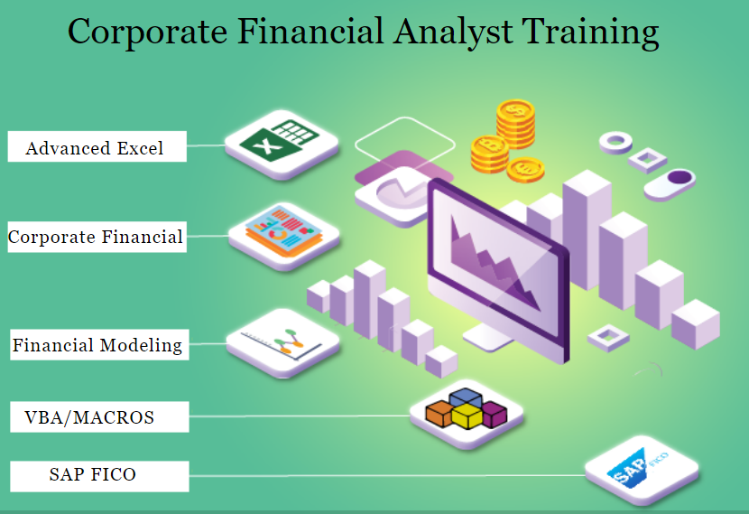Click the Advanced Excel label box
pos(97,147)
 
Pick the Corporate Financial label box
pos(96,238)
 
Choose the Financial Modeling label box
pos(98,345)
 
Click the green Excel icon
pos(281,141)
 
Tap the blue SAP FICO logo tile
pos(640,471)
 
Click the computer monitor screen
pos(496,262)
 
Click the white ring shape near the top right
pos(617,141)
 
